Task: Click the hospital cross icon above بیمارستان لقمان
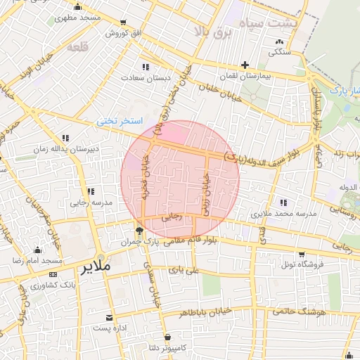tap(245, 65)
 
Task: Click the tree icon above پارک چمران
tap(139, 230)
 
